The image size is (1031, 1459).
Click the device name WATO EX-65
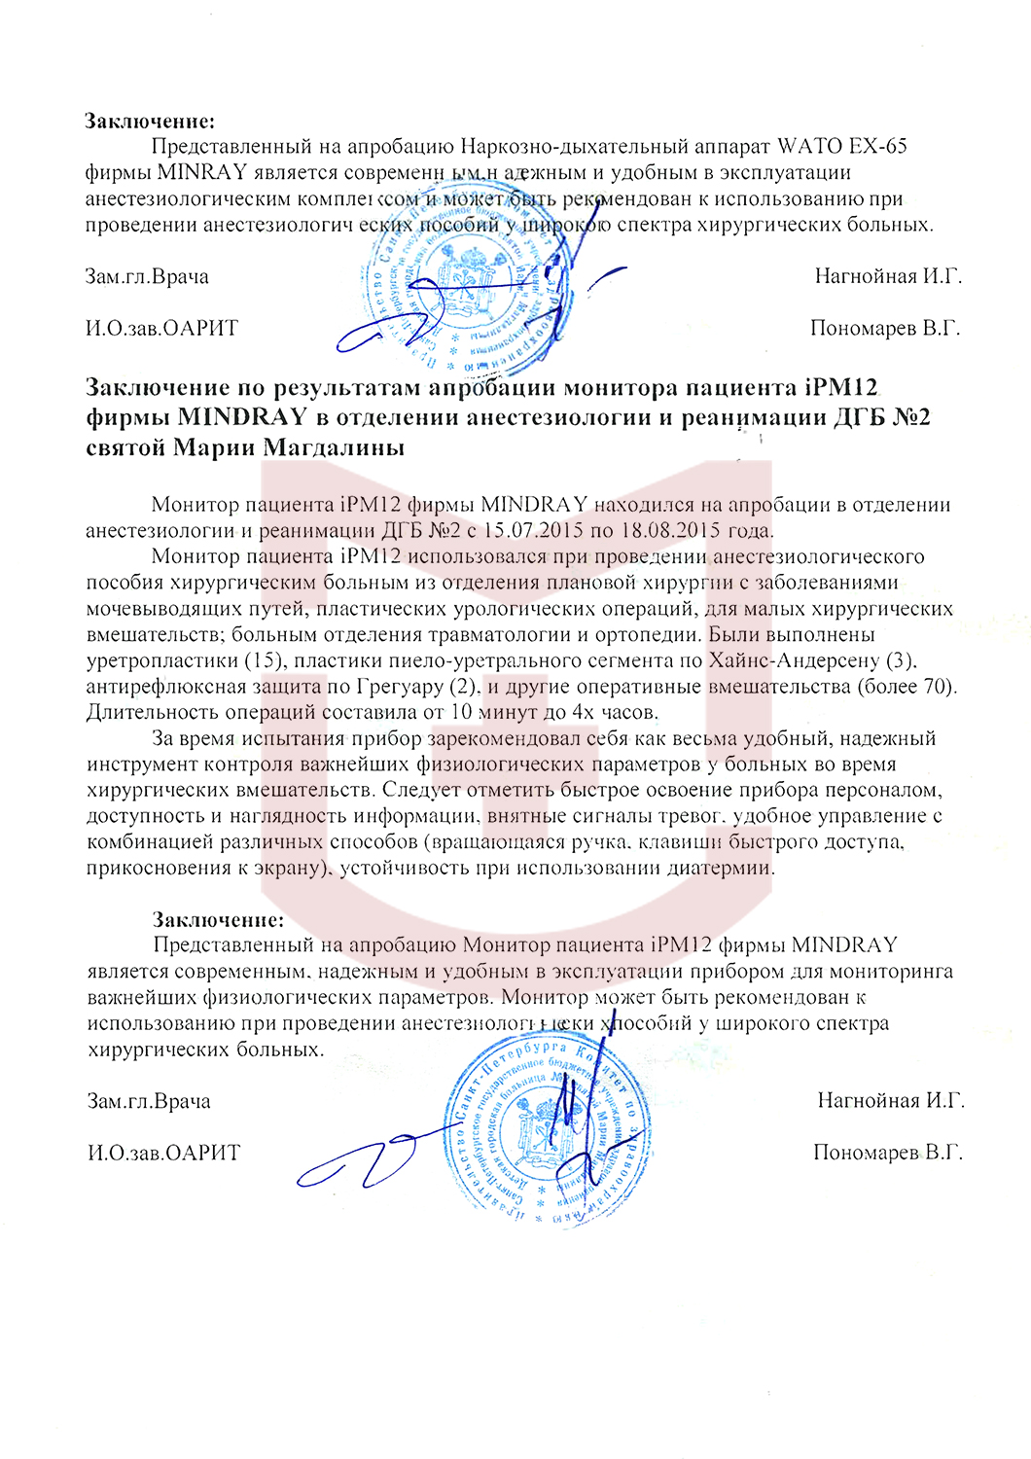tap(841, 147)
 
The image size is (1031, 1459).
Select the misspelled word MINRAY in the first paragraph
tap(201, 173)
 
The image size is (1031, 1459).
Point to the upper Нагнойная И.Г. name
tap(887, 276)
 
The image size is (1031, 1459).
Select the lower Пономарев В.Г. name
tap(887, 1153)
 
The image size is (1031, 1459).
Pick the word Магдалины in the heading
tap(337, 447)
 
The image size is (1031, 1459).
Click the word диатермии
tap(720, 868)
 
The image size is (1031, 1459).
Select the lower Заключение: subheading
tap(218, 919)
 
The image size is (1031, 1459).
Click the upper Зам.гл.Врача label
tap(147, 276)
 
